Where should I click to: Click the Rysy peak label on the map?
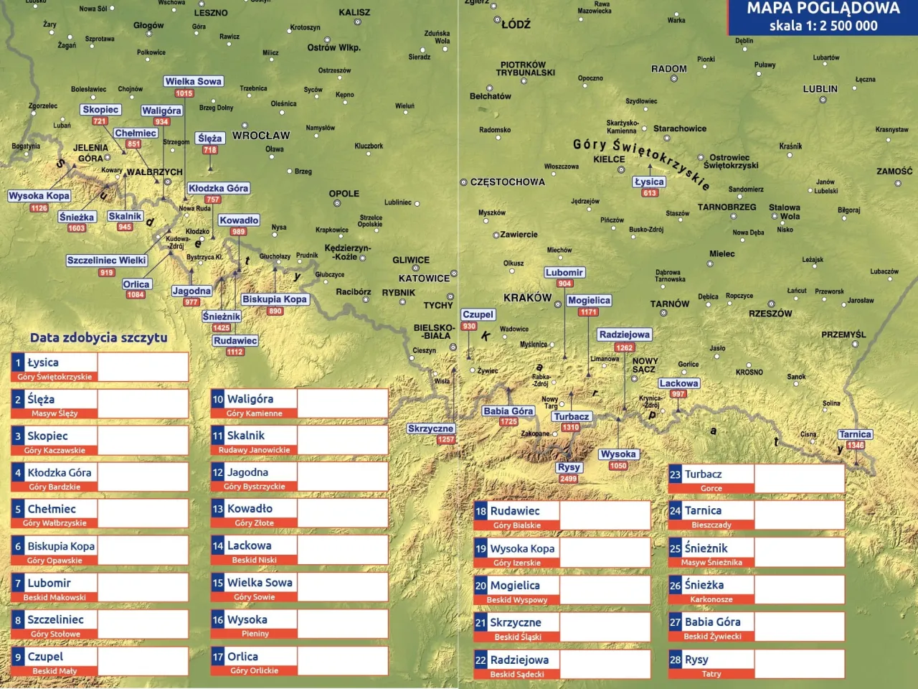click(569, 467)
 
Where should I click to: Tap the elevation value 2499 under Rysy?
click(569, 479)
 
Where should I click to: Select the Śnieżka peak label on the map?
click(77, 217)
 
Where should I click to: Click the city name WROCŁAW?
click(261, 136)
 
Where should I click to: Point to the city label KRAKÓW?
click(527, 298)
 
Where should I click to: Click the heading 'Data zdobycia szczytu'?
click(98, 338)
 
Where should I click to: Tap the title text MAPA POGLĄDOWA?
click(823, 9)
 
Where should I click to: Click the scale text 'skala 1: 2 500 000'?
click(823, 26)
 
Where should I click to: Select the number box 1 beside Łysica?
click(18, 363)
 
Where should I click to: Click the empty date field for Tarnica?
click(799, 515)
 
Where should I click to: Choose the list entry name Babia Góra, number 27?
click(712, 622)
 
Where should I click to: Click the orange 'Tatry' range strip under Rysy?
click(711, 674)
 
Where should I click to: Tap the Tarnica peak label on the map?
click(855, 434)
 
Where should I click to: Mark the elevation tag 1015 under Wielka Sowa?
click(184, 93)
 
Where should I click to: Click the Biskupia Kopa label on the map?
click(274, 299)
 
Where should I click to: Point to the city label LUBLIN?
click(820, 89)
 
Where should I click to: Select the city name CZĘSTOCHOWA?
click(507, 182)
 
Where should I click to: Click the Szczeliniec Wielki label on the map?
click(106, 261)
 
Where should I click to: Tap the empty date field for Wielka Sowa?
click(342, 587)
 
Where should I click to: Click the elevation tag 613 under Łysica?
click(650, 193)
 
